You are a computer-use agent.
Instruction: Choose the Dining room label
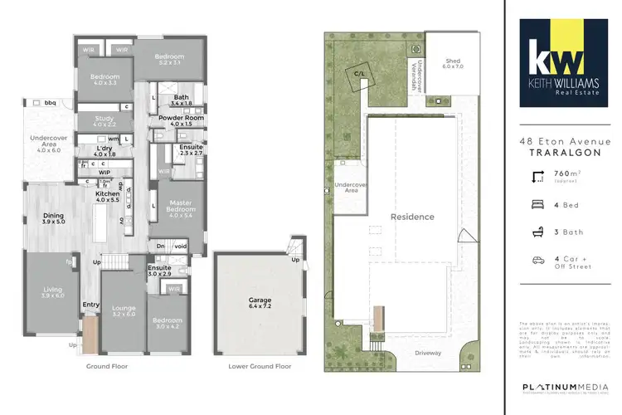click(52, 218)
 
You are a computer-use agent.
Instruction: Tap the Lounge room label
click(124, 311)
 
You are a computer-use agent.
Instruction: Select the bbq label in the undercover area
click(51, 103)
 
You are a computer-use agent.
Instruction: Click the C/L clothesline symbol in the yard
click(360, 74)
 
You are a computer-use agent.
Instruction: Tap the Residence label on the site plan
click(412, 217)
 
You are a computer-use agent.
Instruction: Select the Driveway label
click(430, 354)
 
